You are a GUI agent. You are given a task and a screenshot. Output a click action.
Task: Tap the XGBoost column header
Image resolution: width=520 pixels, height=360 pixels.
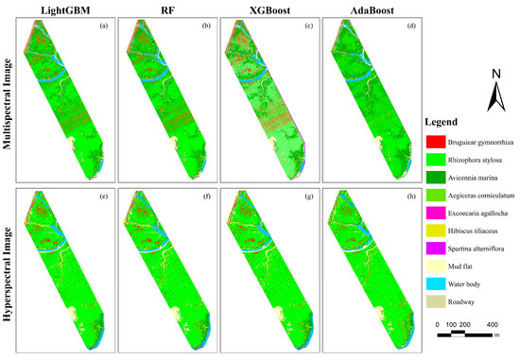click(264, 10)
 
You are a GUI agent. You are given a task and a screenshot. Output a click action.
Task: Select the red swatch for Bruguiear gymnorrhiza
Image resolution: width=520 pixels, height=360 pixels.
click(436, 141)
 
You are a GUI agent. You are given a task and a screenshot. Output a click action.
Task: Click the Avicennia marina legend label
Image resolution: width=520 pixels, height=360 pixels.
click(482, 183)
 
